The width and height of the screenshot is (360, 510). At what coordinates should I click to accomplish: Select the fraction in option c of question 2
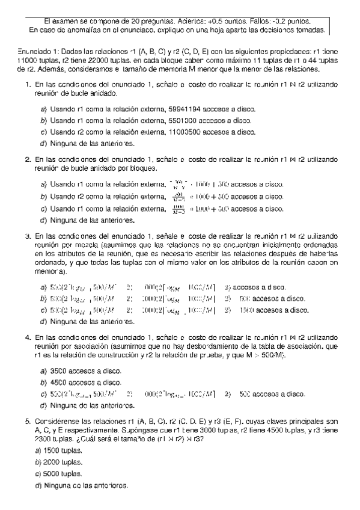[178, 209]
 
